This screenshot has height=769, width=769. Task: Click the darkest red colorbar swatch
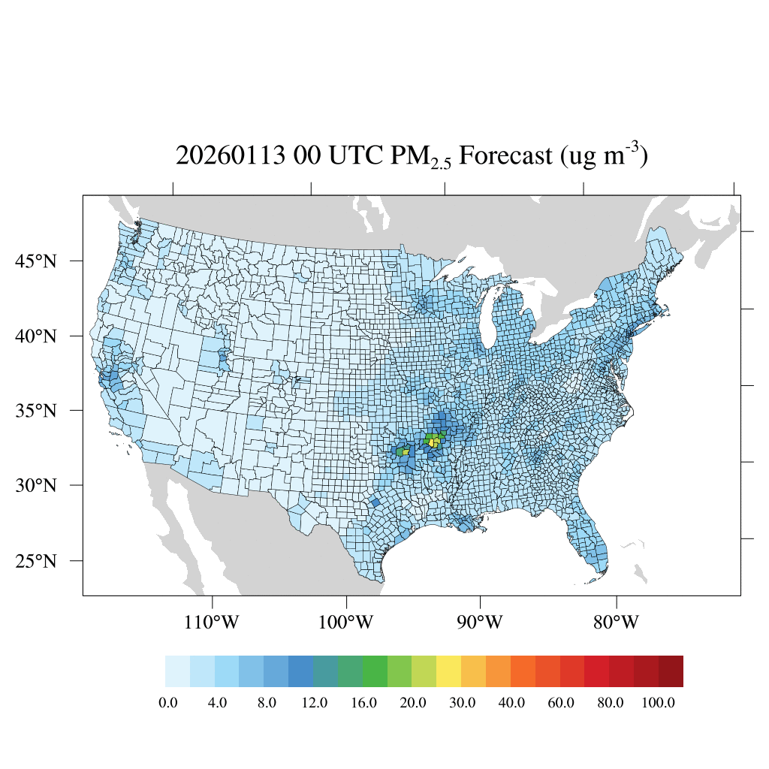671,671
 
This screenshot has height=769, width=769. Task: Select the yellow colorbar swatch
449,671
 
